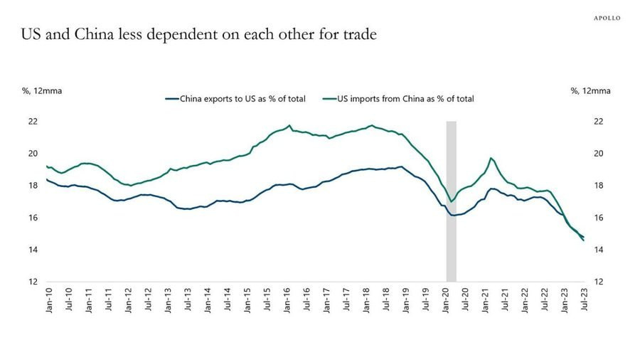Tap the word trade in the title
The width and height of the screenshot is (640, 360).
tap(358, 34)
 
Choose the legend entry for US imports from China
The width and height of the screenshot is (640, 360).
tap(398, 99)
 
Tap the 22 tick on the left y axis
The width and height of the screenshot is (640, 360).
tap(32, 122)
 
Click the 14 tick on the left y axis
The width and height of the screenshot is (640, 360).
tap(32, 250)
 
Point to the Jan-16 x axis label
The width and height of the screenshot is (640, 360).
tap(287, 302)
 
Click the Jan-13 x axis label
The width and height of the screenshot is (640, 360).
tap(169, 302)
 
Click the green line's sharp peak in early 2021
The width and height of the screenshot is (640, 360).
tap(491, 158)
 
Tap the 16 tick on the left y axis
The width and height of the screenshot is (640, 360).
tap(32, 218)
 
